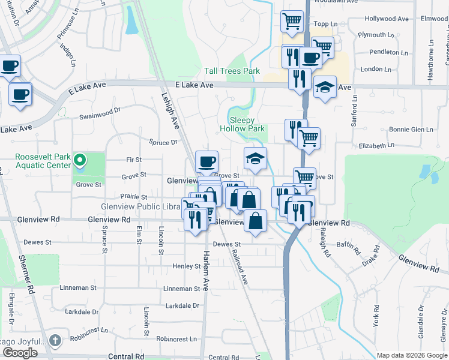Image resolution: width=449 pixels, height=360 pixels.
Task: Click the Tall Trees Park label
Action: (232, 71)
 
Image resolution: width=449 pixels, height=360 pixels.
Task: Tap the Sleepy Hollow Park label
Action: (242, 124)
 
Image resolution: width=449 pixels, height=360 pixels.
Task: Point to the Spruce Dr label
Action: (163, 142)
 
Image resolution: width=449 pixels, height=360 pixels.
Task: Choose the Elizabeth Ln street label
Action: (376, 145)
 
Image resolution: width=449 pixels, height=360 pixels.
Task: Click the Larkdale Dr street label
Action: (82, 312)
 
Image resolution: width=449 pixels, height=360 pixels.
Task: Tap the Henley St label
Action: (185, 266)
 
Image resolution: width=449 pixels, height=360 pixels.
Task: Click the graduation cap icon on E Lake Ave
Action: (325, 88)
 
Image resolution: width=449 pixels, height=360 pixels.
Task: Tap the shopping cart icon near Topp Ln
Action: (292, 21)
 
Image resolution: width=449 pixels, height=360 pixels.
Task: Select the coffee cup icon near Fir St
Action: (206, 161)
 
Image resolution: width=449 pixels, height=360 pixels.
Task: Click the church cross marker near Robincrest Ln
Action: (55, 340)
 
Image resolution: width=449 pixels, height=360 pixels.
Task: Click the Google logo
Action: (20, 353)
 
